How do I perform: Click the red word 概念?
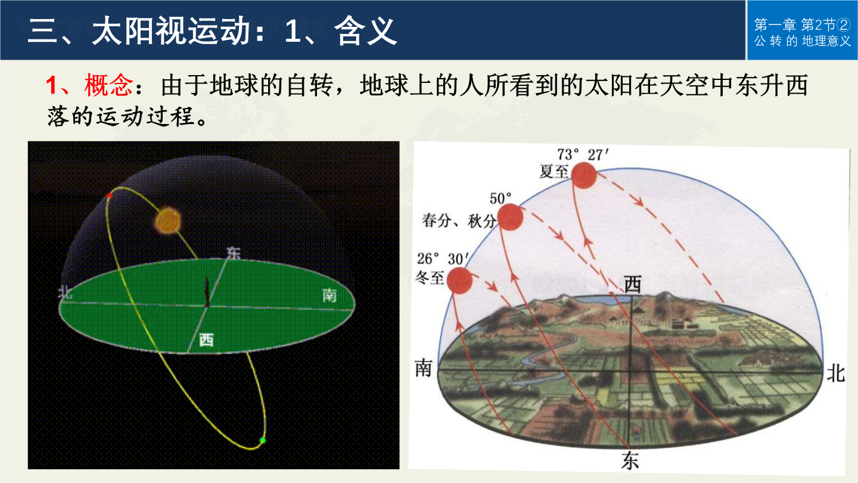pyautogui.click(x=109, y=85)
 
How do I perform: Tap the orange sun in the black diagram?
pyautogui.click(x=168, y=221)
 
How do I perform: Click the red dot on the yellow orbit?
pyautogui.click(x=109, y=196)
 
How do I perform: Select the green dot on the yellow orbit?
pyautogui.click(x=262, y=441)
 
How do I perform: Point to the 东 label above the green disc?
pyautogui.click(x=234, y=253)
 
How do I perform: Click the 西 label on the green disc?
pyautogui.click(x=206, y=340)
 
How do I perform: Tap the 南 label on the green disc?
pyautogui.click(x=329, y=295)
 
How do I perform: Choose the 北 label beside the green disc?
pyautogui.click(x=65, y=293)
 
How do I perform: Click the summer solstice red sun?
pyautogui.click(x=584, y=175)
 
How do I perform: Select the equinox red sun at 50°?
pyautogui.click(x=510, y=217)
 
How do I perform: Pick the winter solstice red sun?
pyautogui.click(x=459, y=281)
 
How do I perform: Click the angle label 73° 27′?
pyautogui.click(x=583, y=155)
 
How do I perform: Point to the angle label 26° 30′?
pyautogui.click(x=442, y=259)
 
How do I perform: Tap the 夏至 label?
pyautogui.click(x=554, y=171)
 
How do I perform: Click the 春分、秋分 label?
pyautogui.click(x=459, y=221)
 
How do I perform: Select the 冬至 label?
pyautogui.click(x=430, y=277)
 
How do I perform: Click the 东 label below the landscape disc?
pyautogui.click(x=630, y=460)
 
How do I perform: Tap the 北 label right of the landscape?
pyautogui.click(x=835, y=373)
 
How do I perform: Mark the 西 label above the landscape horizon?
pyautogui.click(x=633, y=284)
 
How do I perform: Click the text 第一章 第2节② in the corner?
pyautogui.click(x=803, y=25)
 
